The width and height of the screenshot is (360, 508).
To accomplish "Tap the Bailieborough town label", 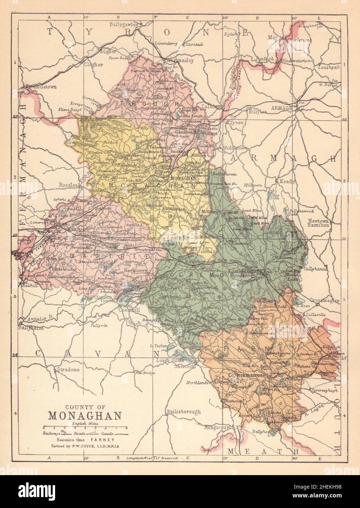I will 184,412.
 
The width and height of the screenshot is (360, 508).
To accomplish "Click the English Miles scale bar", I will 85,427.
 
